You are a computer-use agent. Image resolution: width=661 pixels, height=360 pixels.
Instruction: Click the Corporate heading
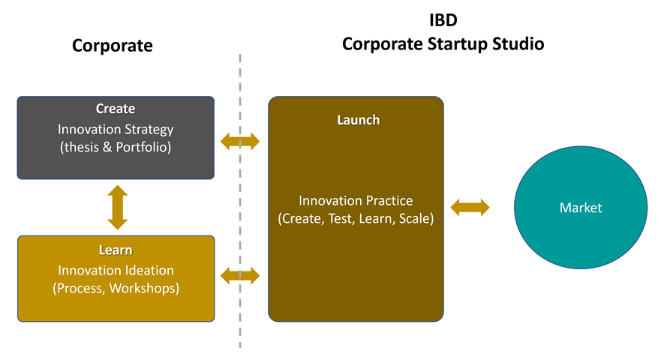click(x=112, y=46)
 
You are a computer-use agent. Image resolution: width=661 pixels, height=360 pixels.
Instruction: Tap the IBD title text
click(x=443, y=20)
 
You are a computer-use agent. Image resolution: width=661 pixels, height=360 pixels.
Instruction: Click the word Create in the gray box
click(x=116, y=109)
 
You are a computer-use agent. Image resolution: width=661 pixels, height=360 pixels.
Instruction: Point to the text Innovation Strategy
click(x=116, y=130)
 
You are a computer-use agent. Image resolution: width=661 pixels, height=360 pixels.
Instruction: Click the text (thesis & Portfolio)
click(x=116, y=147)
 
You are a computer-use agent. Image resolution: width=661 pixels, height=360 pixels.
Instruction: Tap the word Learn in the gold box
click(x=116, y=250)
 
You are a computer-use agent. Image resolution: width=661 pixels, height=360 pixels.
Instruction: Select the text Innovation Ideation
click(x=116, y=270)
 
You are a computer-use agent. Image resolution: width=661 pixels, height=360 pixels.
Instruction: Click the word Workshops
click(x=144, y=288)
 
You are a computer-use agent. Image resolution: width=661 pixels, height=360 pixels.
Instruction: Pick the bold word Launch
click(x=359, y=120)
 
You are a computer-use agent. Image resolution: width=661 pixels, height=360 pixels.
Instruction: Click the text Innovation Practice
click(x=356, y=201)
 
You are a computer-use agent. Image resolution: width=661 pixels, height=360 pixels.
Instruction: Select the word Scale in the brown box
click(x=416, y=218)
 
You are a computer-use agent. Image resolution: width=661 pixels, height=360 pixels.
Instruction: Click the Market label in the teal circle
click(x=581, y=208)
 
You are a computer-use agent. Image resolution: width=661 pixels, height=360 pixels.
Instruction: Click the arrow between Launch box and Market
click(x=470, y=208)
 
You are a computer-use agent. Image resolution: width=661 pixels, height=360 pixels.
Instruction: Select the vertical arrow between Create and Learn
click(x=118, y=208)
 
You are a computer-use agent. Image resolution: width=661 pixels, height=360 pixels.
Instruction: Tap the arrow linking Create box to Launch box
click(x=240, y=142)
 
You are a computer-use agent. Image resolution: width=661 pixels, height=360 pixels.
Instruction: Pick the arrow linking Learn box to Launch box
click(x=240, y=276)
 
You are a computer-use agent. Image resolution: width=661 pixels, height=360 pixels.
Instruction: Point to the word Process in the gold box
click(x=80, y=288)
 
